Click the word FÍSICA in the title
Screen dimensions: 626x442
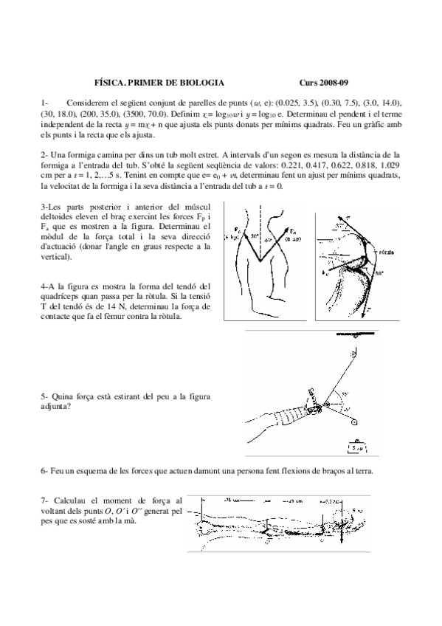click(x=111, y=84)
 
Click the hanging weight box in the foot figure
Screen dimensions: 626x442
click(x=356, y=446)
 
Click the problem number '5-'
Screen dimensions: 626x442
click(x=46, y=397)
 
